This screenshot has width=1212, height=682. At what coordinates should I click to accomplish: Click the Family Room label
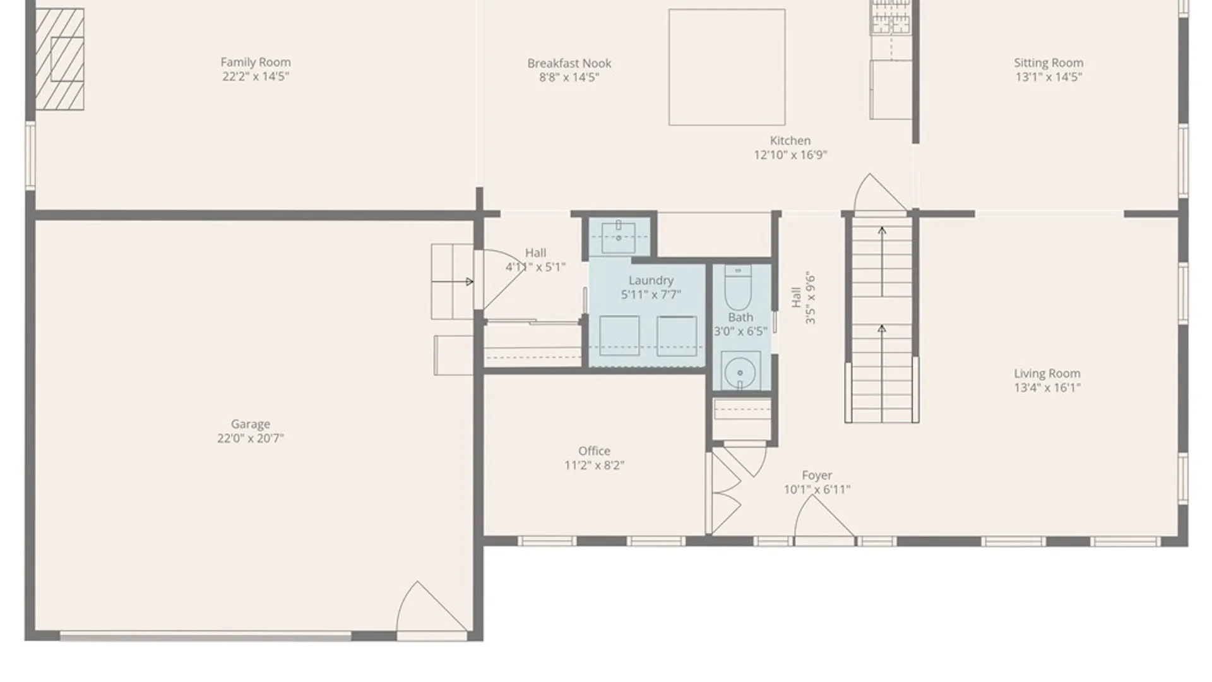pos(256,62)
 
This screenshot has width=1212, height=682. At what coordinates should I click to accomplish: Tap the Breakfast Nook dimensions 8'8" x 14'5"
pos(569,77)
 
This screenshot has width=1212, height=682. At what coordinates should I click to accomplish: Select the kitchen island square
pos(727,67)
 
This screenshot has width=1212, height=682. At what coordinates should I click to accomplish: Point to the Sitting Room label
pos(1049,63)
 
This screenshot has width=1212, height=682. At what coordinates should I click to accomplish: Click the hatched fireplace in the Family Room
pos(59,59)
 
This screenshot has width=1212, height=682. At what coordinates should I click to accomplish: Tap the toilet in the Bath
pos(738,287)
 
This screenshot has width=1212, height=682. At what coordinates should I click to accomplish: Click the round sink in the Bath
pos(740,373)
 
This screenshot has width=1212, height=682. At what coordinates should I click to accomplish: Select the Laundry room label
pos(651,280)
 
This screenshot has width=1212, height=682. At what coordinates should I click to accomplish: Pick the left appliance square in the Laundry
pos(619,336)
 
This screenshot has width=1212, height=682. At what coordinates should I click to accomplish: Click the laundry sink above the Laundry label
pos(619,237)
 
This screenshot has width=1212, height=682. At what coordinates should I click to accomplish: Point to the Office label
pos(595,451)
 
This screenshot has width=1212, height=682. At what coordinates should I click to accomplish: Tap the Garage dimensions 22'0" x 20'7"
pos(251,438)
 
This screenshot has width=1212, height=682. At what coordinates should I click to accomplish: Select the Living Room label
pos(1047,373)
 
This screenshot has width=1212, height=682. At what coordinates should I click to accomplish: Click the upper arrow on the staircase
pos(882,261)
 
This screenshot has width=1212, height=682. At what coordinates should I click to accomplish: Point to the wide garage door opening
pos(206,637)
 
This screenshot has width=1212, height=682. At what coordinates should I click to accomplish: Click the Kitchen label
pos(790,141)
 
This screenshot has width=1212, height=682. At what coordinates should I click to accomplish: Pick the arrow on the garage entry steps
pos(453,282)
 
